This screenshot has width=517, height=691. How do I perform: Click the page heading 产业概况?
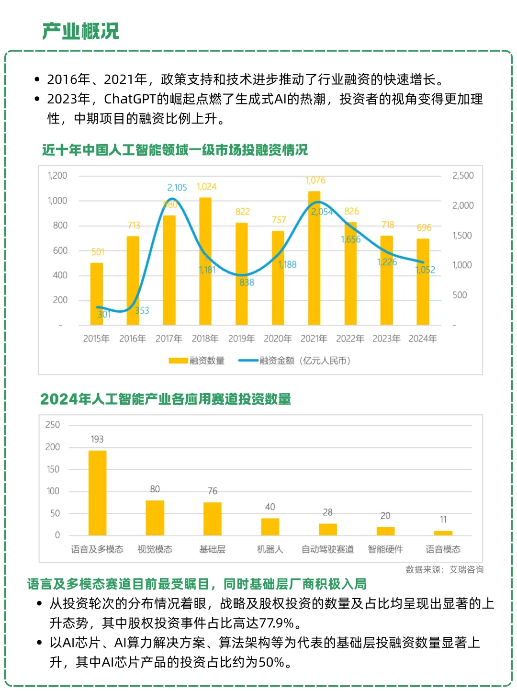(x=80, y=31)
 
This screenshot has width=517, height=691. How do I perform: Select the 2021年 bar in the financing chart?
(x=314, y=259)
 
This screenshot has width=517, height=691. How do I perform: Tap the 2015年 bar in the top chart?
(x=97, y=294)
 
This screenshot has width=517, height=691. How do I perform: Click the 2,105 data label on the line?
(x=177, y=188)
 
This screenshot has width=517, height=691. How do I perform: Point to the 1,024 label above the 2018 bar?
(x=206, y=186)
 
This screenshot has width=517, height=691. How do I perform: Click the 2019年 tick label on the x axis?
(x=241, y=339)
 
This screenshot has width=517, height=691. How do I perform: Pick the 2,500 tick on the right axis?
(x=462, y=176)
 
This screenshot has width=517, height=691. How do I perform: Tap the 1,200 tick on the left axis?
(x=57, y=176)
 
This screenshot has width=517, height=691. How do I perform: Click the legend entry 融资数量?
(x=197, y=361)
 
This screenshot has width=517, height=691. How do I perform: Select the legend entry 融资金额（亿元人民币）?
(x=295, y=361)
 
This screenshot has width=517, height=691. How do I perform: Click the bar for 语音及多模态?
(x=97, y=493)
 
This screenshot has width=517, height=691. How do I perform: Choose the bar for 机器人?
(x=270, y=527)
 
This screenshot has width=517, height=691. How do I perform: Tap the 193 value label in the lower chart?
(x=97, y=439)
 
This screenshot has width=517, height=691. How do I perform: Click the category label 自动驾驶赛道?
(x=328, y=549)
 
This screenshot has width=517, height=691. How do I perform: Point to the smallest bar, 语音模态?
(x=443, y=533)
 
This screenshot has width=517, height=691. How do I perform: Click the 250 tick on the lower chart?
(x=53, y=425)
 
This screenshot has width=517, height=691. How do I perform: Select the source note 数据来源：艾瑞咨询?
(x=444, y=569)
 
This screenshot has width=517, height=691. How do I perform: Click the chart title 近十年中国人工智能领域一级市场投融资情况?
(x=175, y=150)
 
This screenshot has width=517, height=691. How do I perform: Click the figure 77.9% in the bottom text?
(x=277, y=623)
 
